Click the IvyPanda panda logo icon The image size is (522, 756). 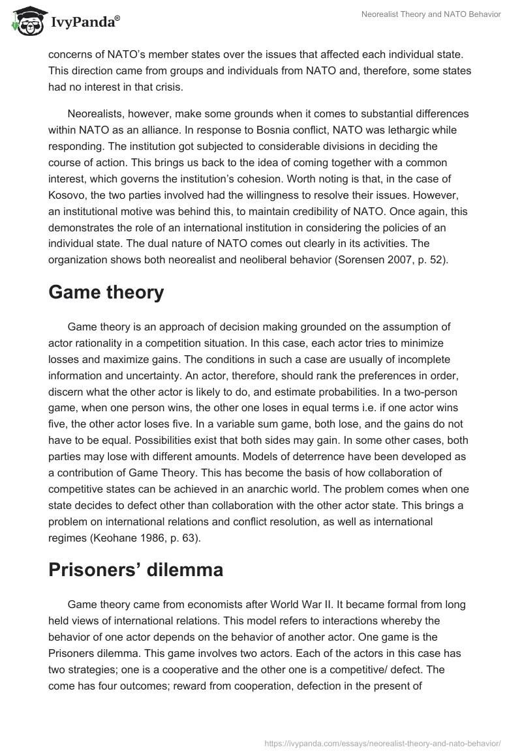click(26, 22)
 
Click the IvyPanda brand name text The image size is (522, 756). click(84, 23)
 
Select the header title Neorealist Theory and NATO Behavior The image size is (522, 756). click(431, 14)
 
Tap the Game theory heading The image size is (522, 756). click(106, 293)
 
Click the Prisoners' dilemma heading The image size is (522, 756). click(136, 570)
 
